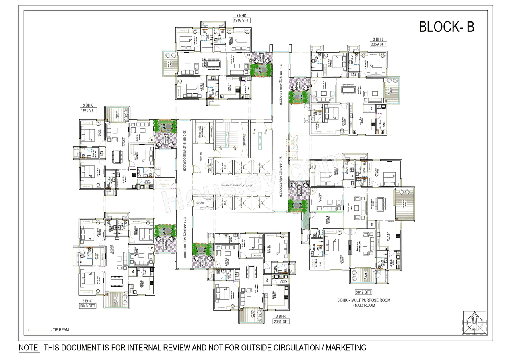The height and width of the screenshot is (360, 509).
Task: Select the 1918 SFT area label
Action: pyautogui.click(x=241, y=20)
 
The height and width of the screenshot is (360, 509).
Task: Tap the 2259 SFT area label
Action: pyautogui.click(x=377, y=44)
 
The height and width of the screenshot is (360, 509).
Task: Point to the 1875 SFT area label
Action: pyautogui.click(x=87, y=110)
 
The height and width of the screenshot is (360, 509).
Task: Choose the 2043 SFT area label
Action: pyautogui.click(x=87, y=306)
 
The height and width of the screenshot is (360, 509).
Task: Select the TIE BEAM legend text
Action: pyautogui.click(x=60, y=330)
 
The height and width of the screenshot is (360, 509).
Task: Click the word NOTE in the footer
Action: pyautogui.click(x=29, y=348)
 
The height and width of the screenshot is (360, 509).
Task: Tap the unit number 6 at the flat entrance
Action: pyautogui.click(x=152, y=140)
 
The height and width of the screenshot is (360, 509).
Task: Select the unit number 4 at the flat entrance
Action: pyautogui.click(x=217, y=265)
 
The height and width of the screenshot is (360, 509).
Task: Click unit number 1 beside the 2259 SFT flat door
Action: pyautogui.click(x=313, y=81)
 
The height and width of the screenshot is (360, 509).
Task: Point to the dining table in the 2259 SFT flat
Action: pyautogui.click(x=349, y=89)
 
